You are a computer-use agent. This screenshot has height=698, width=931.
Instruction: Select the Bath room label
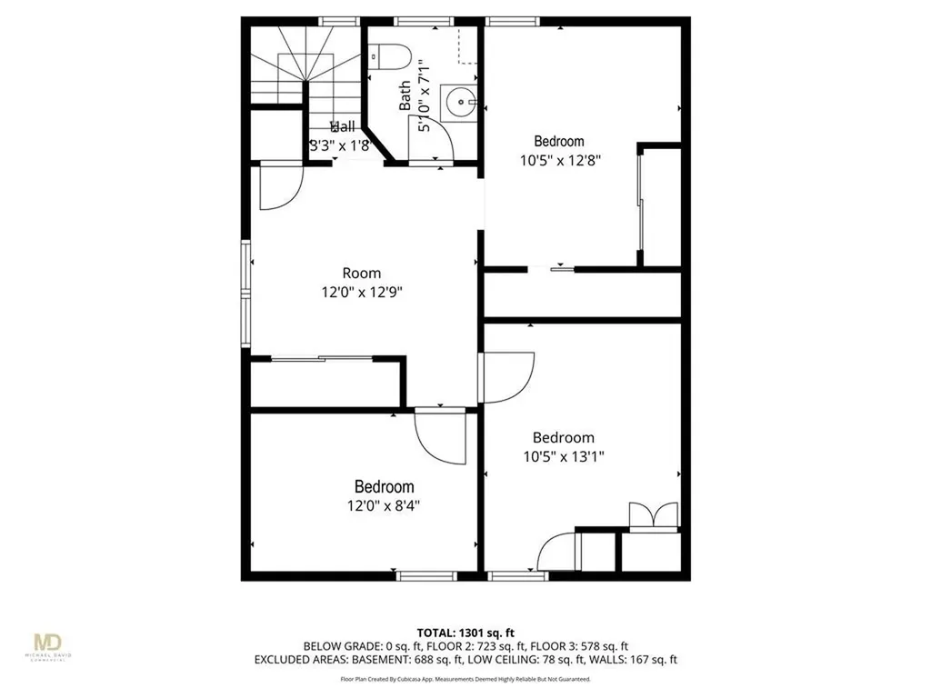(405, 96)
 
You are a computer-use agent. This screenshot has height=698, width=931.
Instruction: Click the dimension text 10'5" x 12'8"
(560, 160)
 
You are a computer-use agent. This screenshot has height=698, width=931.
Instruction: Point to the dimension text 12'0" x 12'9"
(361, 293)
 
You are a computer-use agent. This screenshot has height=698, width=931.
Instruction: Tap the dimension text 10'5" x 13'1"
(563, 456)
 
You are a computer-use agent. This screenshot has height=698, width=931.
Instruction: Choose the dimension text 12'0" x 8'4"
(384, 506)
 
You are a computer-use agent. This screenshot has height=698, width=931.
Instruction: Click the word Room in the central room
(361, 273)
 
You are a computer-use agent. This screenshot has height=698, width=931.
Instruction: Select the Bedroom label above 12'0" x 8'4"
(384, 487)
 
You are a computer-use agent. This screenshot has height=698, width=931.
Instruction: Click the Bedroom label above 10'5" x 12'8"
(559, 141)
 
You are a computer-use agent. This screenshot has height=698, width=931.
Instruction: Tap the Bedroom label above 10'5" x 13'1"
(563, 437)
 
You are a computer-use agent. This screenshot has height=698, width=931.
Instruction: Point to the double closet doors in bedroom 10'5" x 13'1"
(655, 515)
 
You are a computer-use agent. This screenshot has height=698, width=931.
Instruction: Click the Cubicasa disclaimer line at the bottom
(465, 679)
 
